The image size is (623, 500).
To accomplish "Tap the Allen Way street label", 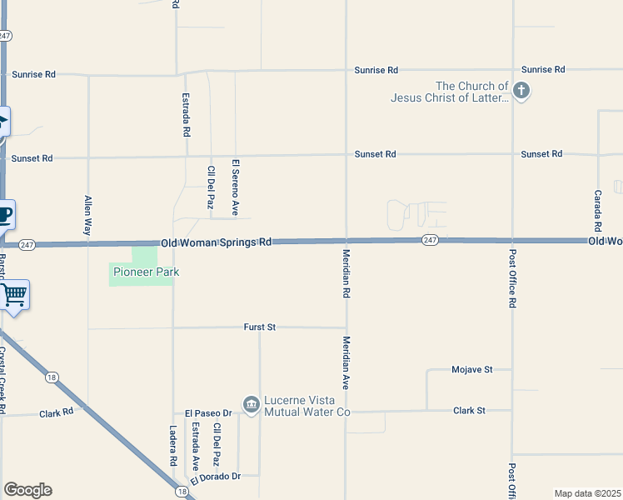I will (x=87, y=215).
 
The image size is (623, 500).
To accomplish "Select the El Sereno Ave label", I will (x=236, y=187).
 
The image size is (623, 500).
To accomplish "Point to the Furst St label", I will (x=260, y=327).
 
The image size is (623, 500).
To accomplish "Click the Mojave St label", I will (x=472, y=369).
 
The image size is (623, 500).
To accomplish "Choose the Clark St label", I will (x=469, y=410).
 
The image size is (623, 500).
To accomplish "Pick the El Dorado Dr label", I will (x=215, y=477).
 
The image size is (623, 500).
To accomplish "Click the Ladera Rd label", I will (x=173, y=447).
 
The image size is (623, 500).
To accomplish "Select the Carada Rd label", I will (x=598, y=209).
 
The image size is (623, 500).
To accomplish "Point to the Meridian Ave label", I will (x=346, y=363).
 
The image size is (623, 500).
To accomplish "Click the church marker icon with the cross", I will (x=521, y=91).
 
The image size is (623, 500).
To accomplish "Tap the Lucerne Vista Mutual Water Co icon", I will (x=251, y=404).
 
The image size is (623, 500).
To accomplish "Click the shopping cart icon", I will (x=14, y=295).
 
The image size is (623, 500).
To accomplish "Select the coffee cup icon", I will (x=5, y=215).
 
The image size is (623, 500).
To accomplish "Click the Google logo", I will (x=27, y=490).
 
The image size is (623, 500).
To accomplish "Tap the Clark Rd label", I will (x=57, y=412).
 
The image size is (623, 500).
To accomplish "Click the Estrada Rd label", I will (x=186, y=114).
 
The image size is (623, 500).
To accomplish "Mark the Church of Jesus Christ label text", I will (x=450, y=92).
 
